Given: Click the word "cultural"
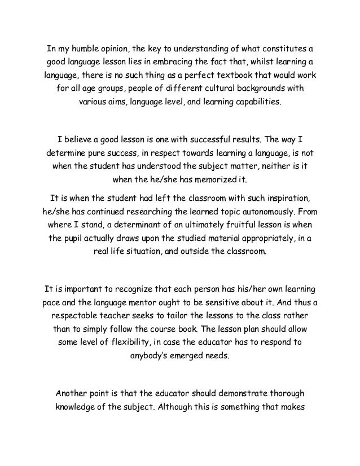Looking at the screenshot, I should click(x=224, y=90).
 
